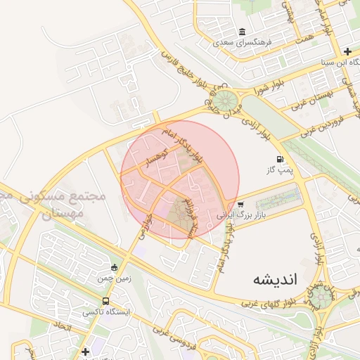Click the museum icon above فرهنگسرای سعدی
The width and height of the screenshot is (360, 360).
243,32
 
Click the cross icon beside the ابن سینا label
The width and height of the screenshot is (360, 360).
347,51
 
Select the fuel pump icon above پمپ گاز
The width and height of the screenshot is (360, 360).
281,160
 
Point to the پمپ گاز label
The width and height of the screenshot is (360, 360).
280,170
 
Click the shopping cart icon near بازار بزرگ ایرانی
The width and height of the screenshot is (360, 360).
241,204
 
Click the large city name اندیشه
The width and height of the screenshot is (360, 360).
276,279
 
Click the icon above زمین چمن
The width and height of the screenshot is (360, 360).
115,267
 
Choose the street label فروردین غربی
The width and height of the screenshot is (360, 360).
321,124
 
